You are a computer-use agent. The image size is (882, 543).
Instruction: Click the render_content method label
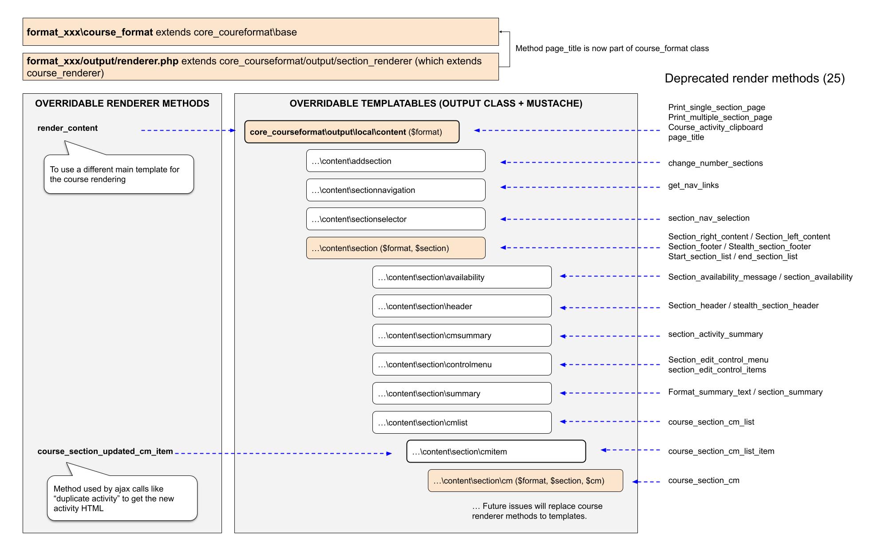coord(67,128)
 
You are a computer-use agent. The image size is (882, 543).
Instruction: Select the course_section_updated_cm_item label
coord(105,451)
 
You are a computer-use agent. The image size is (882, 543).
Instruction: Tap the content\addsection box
coord(396,161)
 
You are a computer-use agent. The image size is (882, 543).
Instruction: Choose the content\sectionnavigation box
coord(396,190)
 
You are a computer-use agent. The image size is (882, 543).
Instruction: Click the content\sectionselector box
coord(396,219)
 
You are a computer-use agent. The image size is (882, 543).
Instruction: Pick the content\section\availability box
coord(462,277)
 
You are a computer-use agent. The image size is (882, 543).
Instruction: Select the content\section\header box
coord(462,306)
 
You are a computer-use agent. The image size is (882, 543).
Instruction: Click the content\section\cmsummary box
coord(462,335)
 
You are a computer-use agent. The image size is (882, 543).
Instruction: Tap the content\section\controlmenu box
coord(462,364)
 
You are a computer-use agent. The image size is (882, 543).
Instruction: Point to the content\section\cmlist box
coord(462,423)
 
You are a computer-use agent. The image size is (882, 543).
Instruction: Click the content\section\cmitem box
coord(496,451)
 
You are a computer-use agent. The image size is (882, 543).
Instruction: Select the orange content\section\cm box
coord(525,481)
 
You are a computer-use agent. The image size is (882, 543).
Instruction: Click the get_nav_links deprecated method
coord(693,185)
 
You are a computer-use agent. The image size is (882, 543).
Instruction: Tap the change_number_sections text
coord(716,163)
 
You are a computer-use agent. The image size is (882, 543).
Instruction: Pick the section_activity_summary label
coord(716,334)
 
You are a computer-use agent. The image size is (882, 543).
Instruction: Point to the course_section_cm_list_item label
coord(721,451)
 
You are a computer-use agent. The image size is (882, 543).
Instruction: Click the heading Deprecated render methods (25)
coord(755,79)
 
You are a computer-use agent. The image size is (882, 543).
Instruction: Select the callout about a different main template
coord(119,174)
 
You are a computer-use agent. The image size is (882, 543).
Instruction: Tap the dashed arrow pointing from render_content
coord(188,131)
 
